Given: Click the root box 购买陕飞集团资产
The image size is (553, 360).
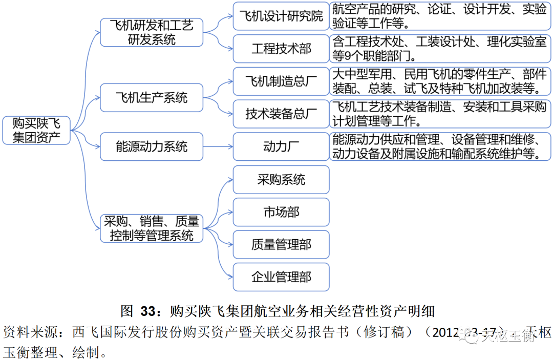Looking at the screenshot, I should [36, 130].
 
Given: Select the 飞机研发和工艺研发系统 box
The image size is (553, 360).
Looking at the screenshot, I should [152, 32].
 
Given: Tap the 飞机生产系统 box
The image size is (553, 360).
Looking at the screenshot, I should [152, 97].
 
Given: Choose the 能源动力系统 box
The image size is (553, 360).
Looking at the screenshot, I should [152, 147].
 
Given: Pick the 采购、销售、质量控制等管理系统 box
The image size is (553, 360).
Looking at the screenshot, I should [152, 228].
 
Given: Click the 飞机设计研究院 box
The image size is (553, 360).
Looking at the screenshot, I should [281, 16].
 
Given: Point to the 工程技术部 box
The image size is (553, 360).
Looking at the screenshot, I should [281, 49].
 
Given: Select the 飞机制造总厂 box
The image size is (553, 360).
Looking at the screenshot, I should [281, 81].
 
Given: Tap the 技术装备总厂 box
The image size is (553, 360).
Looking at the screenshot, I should [281, 114].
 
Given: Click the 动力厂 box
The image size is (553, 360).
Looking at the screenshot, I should [281, 147].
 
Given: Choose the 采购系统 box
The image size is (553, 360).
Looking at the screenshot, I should [281, 179].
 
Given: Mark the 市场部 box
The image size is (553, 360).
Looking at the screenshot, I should [281, 212].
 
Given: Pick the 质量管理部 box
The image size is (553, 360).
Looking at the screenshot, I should [281, 245].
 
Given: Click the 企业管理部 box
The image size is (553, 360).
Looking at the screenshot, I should [281, 278].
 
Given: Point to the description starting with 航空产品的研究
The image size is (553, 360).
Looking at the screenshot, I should [439, 16].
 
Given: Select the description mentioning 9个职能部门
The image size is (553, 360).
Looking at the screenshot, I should [439, 49].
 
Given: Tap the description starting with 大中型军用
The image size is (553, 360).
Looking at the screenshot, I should [439, 81].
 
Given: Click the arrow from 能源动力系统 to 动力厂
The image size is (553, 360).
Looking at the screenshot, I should [218, 147].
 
